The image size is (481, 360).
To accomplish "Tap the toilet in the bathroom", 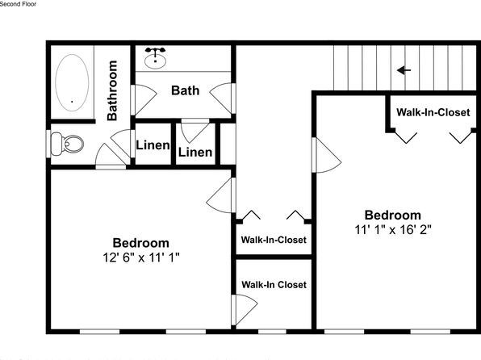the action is click(x=67, y=144).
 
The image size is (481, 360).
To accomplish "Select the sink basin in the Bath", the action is click(x=155, y=61).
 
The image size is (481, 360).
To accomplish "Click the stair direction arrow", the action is click(x=404, y=70).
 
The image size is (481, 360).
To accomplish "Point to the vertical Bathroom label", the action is click(x=112, y=90).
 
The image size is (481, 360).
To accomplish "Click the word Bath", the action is click(x=186, y=90).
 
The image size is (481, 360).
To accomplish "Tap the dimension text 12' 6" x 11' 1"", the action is click(x=141, y=257).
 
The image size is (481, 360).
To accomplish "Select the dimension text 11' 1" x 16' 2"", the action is click(x=393, y=229).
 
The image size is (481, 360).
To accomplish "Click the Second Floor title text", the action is click(x=18, y=4).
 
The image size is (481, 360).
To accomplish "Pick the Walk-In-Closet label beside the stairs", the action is click(x=433, y=112).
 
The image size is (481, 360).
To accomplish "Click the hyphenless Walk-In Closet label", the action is click(x=274, y=284).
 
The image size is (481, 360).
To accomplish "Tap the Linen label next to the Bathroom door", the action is click(x=153, y=145).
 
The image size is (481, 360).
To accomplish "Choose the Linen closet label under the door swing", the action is click(x=195, y=153).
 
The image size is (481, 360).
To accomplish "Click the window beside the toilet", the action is click(x=48, y=144).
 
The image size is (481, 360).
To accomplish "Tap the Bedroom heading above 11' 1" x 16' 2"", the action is click(x=393, y=216).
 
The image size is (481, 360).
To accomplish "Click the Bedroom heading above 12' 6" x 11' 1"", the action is click(x=141, y=243).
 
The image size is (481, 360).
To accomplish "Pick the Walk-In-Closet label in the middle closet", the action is click(x=274, y=240).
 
